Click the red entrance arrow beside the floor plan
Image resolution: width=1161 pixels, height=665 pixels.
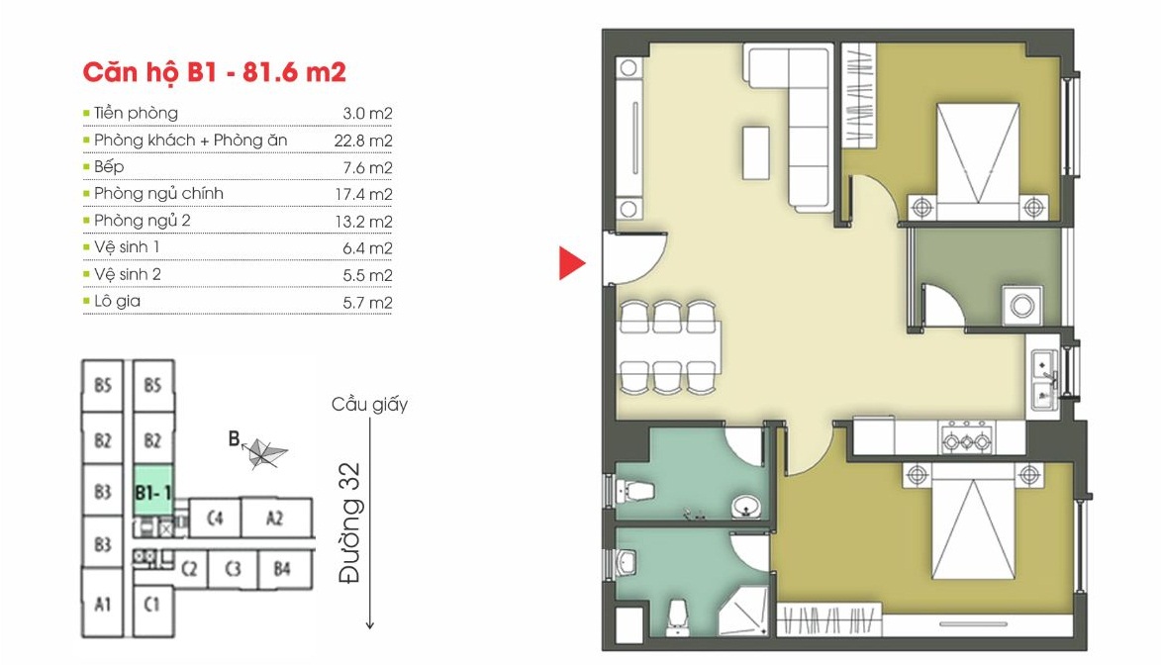(x=572, y=263)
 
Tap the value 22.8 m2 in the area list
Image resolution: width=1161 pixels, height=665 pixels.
(x=363, y=141)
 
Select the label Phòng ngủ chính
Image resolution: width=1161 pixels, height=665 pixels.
(x=158, y=194)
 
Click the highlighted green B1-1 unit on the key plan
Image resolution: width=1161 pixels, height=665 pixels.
(x=153, y=492)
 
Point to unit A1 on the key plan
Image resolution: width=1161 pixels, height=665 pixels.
(x=102, y=604)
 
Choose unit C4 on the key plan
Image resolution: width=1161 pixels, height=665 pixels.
(x=215, y=518)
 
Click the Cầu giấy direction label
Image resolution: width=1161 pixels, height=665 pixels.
(x=369, y=405)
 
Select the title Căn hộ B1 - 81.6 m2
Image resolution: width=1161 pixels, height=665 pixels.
(x=214, y=72)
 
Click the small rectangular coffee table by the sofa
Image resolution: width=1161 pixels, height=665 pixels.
(x=757, y=152)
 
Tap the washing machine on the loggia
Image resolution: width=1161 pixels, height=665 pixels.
(x=1022, y=306)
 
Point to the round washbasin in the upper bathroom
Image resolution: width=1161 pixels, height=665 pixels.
(x=745, y=508)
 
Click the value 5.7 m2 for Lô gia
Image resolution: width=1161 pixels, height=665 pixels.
(x=367, y=302)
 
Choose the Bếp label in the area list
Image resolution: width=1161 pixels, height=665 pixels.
(x=109, y=167)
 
